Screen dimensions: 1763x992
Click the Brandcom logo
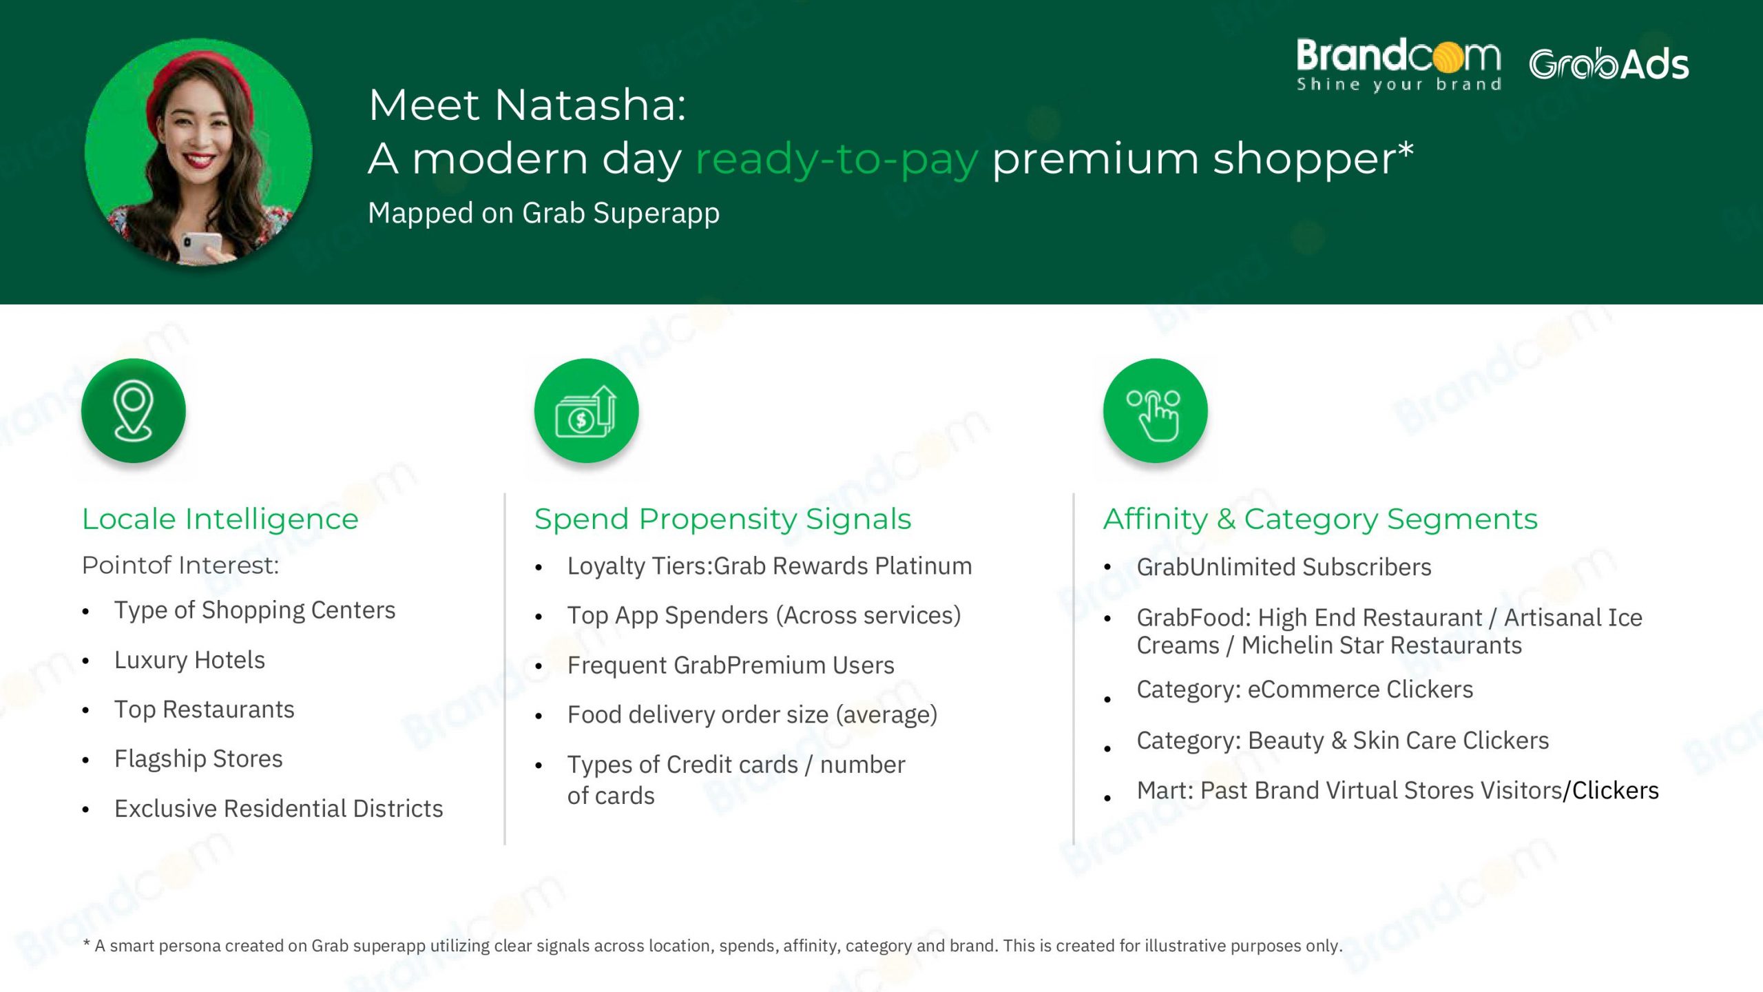[x=1398, y=65]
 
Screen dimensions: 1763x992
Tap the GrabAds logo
[x=1609, y=65]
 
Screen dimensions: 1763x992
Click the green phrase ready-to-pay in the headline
[x=837, y=160]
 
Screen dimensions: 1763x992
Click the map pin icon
[x=133, y=411]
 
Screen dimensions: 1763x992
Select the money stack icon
[x=586, y=411]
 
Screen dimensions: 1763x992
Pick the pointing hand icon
[x=1155, y=415]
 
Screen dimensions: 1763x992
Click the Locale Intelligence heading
[x=220, y=519]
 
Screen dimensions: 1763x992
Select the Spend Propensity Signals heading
[x=723, y=519]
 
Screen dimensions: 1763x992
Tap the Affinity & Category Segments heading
[x=1320, y=519]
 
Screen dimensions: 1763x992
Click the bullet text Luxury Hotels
[x=189, y=660]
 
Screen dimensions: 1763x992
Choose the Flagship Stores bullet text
[x=198, y=758]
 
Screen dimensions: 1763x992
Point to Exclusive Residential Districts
[x=279, y=808]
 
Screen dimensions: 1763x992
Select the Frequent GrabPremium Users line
[x=731, y=665]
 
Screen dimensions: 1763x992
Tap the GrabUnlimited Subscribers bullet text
[x=1284, y=567]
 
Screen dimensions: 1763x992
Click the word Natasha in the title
[x=590, y=105]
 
